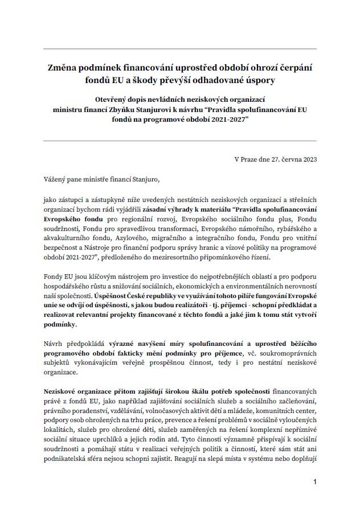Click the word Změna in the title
coord(64,67)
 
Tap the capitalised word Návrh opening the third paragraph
coord(54,343)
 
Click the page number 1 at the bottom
coord(314,482)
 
